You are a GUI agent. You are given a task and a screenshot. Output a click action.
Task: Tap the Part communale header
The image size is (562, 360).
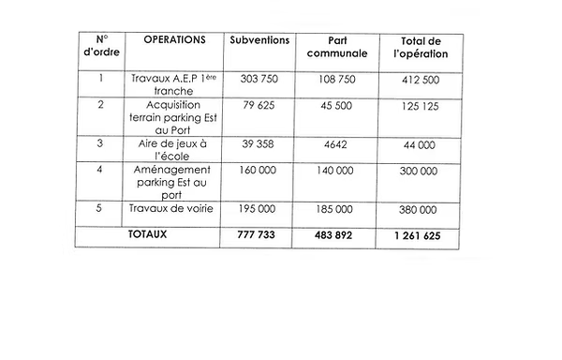pos(338,49)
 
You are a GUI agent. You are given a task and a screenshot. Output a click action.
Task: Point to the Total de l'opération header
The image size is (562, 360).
pos(420,49)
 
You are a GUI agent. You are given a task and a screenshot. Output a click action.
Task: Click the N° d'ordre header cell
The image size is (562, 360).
pos(103,49)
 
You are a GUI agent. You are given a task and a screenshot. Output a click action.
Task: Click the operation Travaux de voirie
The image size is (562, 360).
pos(174,208)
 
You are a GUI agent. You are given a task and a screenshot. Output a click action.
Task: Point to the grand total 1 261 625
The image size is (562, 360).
pos(419,235)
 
